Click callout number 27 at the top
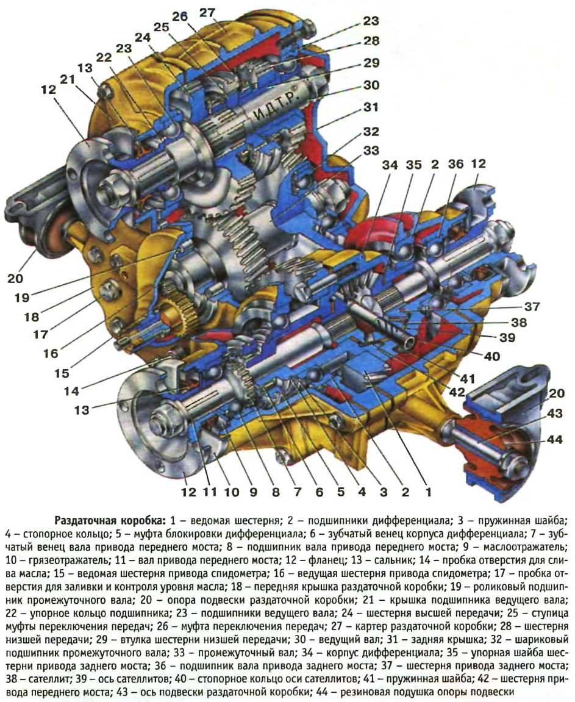point(207,13)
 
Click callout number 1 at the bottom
point(427,490)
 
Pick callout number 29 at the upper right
point(371,63)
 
